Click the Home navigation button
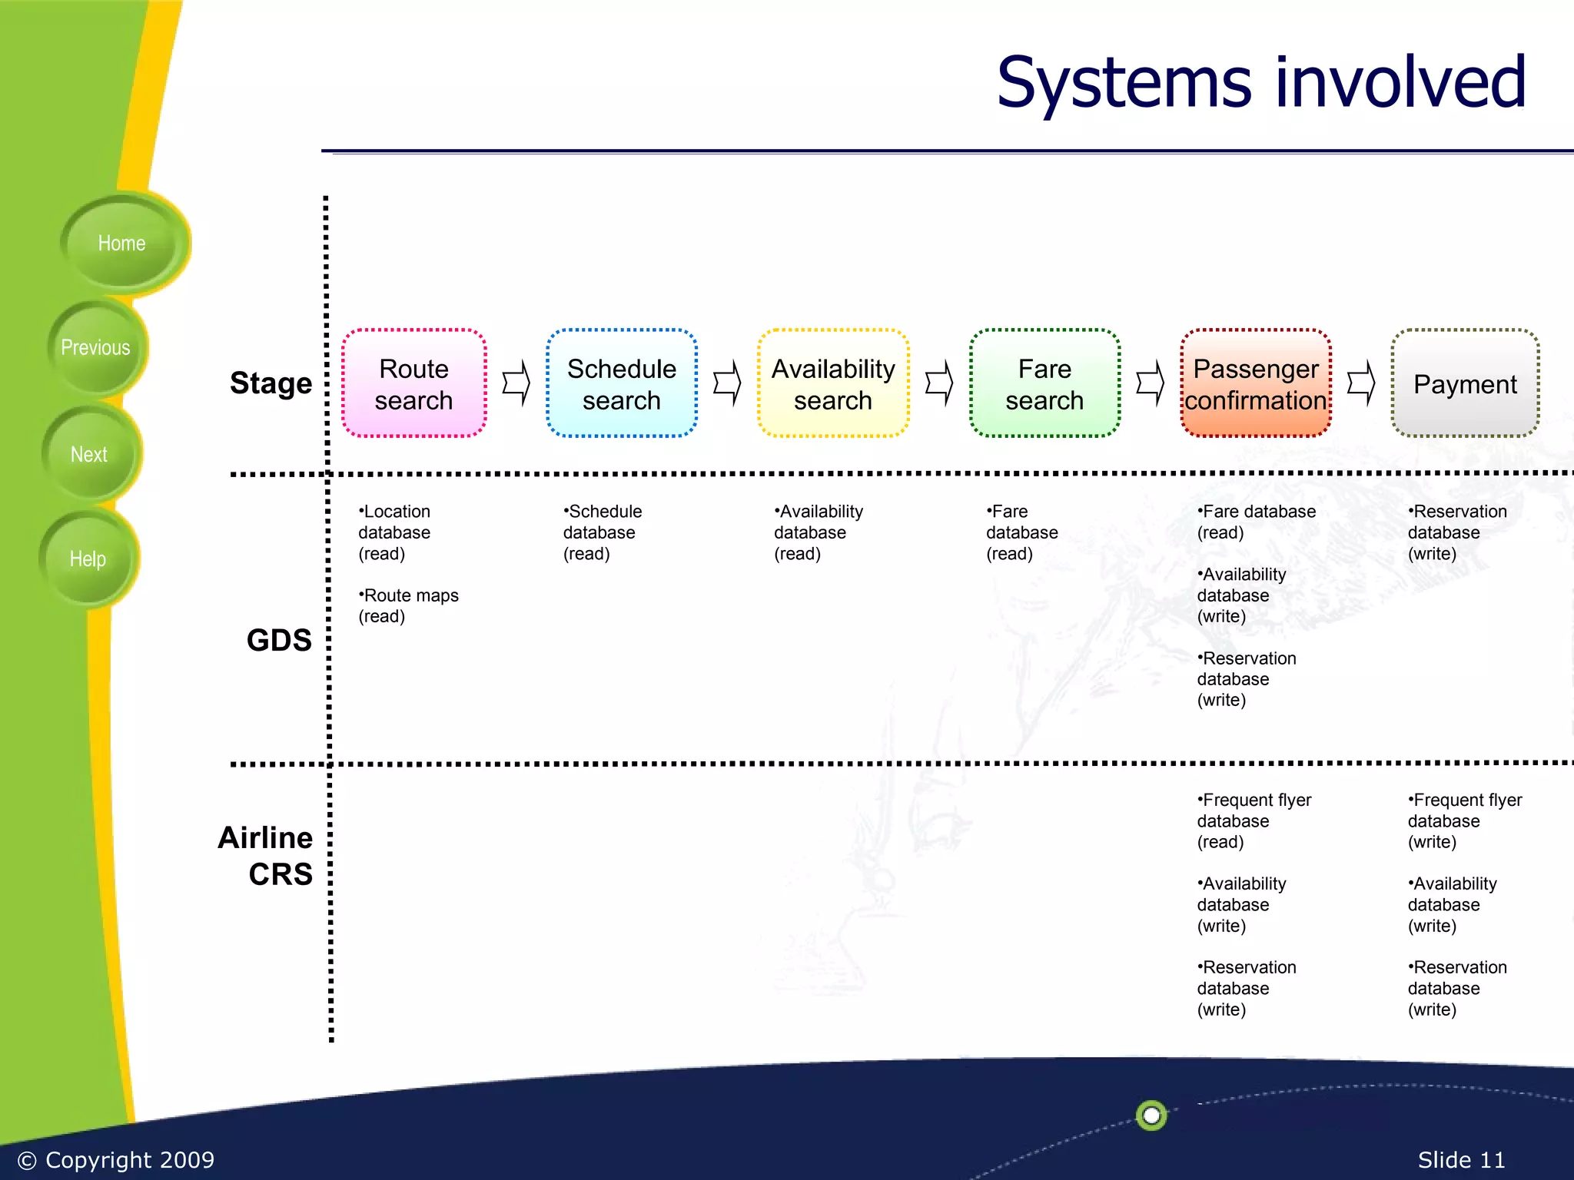click(121, 244)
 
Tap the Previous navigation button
click(95, 348)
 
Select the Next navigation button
click(89, 454)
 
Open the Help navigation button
click(88, 559)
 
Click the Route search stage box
click(413, 384)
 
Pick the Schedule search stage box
click(621, 384)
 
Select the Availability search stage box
click(833, 384)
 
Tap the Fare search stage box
click(1044, 384)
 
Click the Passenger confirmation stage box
click(1256, 384)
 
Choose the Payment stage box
click(1465, 384)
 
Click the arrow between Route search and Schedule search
click(516, 383)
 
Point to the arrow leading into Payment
click(1361, 383)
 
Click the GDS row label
click(279, 640)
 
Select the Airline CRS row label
click(266, 856)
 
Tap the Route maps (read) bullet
click(408, 605)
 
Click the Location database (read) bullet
click(394, 532)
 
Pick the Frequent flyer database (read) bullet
click(1254, 820)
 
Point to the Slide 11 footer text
click(1461, 1159)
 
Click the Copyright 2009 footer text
click(116, 1159)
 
